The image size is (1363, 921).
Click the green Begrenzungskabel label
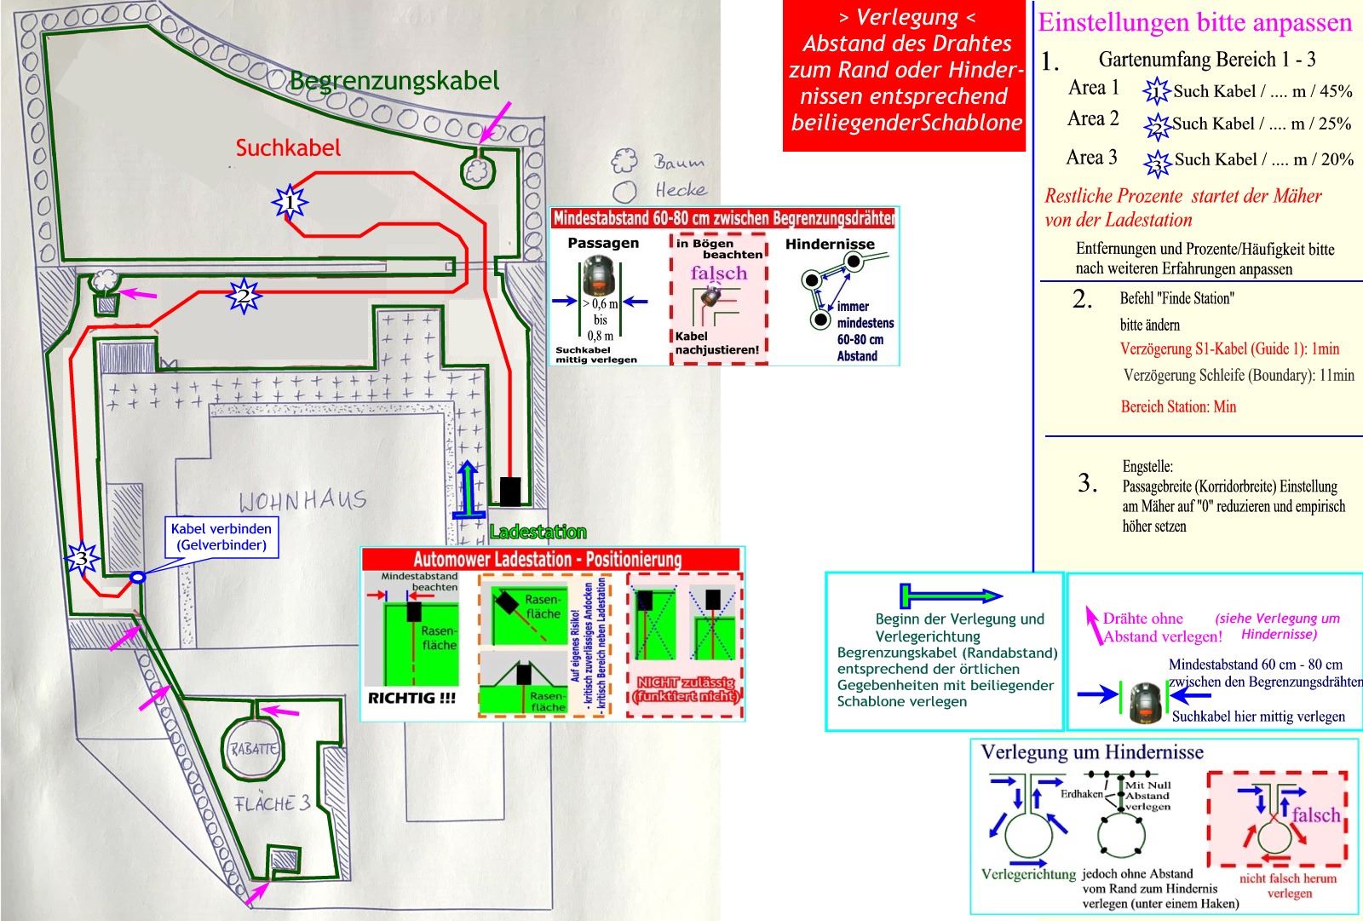(394, 82)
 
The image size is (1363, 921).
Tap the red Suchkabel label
(288, 148)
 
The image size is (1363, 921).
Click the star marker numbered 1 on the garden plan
(290, 203)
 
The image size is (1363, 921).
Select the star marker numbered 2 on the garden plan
(244, 296)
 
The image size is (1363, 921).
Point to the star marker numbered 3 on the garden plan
(82, 559)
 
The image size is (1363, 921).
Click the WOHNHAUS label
(302, 500)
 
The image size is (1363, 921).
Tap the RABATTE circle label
(252, 750)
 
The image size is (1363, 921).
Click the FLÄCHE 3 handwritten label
(272, 803)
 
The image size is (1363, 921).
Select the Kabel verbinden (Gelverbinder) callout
(221, 537)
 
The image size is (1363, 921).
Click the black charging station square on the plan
(509, 492)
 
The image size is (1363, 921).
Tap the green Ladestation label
(538, 532)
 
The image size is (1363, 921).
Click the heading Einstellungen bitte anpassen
(1194, 23)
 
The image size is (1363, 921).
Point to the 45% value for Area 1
(1337, 91)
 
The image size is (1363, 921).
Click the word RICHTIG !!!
(411, 698)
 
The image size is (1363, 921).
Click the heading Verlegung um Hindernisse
(1092, 752)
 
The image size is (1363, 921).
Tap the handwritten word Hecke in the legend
(680, 190)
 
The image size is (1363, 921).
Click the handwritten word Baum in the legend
(679, 162)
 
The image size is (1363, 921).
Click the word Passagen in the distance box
(603, 244)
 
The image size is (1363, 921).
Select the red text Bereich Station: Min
(1178, 406)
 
